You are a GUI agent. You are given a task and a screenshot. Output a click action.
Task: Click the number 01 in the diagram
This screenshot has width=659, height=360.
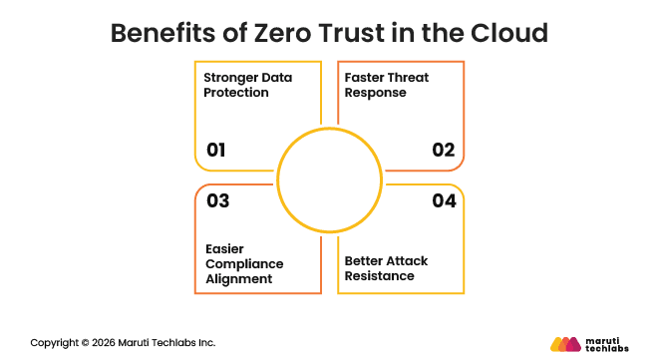[x=216, y=151]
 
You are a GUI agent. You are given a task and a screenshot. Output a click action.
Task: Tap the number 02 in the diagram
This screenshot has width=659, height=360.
[x=444, y=151]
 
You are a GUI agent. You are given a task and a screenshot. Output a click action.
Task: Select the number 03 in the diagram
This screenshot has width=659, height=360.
[x=217, y=200]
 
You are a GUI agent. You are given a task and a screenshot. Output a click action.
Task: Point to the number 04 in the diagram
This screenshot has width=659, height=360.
[x=444, y=200]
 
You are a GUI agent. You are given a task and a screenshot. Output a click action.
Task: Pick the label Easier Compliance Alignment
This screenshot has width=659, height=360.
[x=243, y=263]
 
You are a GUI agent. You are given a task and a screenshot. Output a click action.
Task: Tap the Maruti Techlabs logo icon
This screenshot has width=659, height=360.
[x=565, y=343]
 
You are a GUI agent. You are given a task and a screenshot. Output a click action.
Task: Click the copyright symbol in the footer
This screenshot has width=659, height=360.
[x=84, y=342]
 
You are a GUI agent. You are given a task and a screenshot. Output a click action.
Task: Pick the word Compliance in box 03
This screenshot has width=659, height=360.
[x=243, y=263]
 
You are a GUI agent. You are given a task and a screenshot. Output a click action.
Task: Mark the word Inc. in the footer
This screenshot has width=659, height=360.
[x=205, y=342]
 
